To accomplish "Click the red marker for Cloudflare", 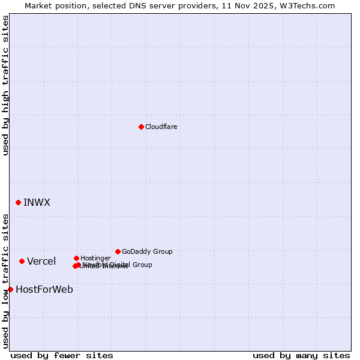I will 141,127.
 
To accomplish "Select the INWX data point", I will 18,203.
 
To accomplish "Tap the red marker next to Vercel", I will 22,261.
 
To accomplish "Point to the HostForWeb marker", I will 10,289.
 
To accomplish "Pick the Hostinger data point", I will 76,258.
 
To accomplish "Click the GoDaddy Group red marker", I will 118,251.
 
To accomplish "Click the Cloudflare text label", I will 161,127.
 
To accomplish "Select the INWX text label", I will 37,203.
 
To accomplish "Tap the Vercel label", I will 41,261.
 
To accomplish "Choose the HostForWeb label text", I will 44,289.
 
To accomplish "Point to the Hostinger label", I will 95,258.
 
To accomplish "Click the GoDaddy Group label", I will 147,251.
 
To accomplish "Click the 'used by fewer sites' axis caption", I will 62,355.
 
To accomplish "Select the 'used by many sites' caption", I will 301,355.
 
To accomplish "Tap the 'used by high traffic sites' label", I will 5,85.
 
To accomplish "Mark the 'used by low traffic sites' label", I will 5,281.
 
